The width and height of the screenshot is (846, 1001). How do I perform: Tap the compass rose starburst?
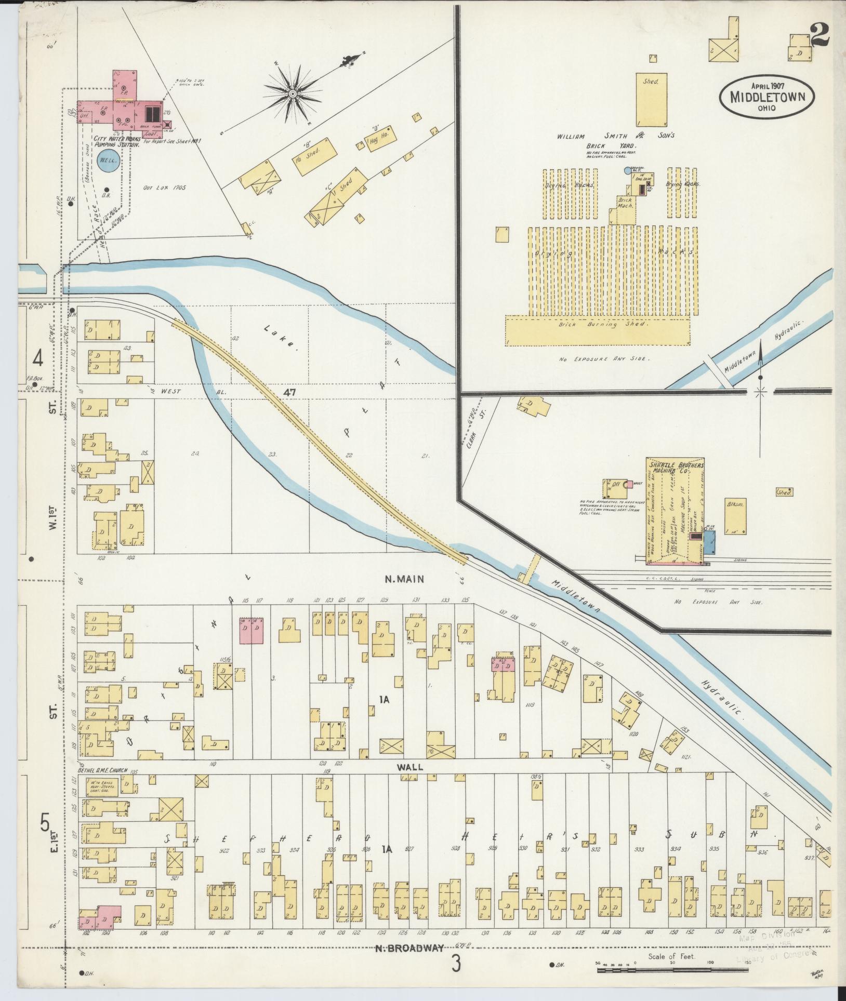[x=293, y=94]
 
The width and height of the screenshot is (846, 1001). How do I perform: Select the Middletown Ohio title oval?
[x=766, y=97]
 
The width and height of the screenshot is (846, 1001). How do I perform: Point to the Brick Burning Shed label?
[x=597, y=325]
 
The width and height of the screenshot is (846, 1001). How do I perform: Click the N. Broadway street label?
[x=410, y=948]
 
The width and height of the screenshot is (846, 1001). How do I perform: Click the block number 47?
[x=289, y=393]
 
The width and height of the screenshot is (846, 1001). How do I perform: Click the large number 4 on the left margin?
[x=37, y=358]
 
